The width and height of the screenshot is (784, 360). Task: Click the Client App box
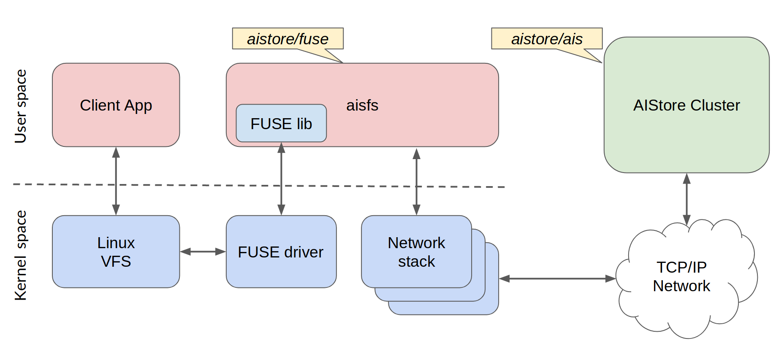point(116,105)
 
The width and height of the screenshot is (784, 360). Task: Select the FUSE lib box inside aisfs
point(281,123)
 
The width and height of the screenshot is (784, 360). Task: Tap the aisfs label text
point(362,105)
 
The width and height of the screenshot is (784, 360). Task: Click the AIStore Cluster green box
point(686,105)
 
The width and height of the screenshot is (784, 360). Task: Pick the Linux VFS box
point(116,252)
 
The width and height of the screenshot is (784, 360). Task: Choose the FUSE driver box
point(281,252)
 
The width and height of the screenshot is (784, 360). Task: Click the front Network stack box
point(416,252)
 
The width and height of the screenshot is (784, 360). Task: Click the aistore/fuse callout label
point(288,39)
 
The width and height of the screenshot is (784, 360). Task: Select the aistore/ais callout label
point(546,39)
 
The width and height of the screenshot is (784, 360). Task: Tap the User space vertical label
point(20,106)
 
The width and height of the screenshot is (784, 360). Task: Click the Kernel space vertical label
point(20,255)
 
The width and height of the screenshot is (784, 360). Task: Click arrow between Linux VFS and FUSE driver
point(203,252)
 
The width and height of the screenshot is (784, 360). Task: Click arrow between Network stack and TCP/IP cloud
point(557,279)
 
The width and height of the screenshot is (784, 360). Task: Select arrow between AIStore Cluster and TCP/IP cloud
point(686,198)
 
